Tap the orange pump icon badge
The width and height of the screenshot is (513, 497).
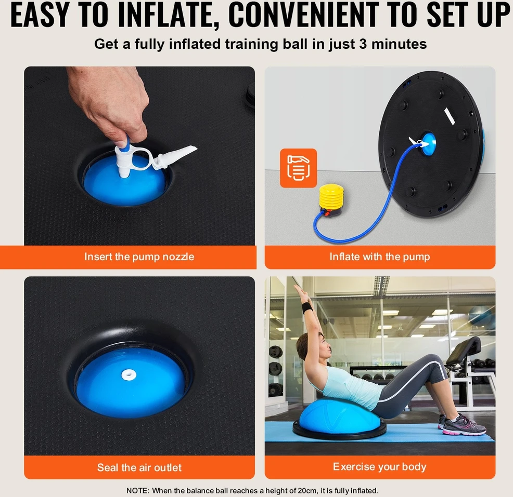pos(298,168)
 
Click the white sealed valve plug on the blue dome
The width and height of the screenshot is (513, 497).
pos(129,374)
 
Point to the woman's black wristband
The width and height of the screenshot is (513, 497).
pos(307,308)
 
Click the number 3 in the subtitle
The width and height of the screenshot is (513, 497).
pos(363,44)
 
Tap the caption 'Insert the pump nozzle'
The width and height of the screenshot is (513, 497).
pos(139,257)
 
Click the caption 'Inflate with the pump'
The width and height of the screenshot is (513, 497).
pos(379,257)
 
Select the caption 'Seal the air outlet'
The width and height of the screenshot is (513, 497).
pos(139,467)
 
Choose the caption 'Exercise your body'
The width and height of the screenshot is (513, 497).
pos(379,467)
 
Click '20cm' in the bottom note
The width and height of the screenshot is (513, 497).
pos(306,490)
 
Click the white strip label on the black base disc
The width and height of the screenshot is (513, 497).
pos(450,116)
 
